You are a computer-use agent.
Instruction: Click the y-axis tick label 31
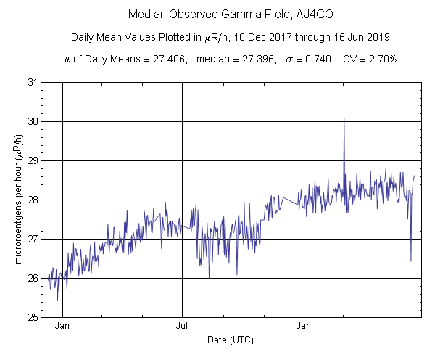(x=32, y=82)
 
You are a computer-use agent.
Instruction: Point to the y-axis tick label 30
(x=32, y=121)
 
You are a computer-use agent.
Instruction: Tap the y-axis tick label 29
(x=32, y=160)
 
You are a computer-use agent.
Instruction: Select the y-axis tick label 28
(x=32, y=200)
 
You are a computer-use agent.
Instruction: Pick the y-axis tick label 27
(x=32, y=239)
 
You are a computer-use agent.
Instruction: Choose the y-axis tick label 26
(x=32, y=278)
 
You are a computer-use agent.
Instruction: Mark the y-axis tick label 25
(x=32, y=317)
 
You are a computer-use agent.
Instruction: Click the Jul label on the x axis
(x=182, y=326)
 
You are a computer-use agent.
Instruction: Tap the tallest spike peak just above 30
(x=344, y=118)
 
